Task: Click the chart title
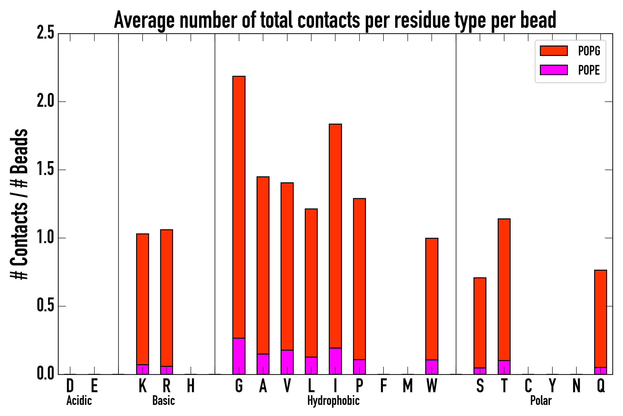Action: point(335,20)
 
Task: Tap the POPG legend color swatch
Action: point(554,51)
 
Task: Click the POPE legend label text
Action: point(589,70)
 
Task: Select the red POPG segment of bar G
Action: point(239,207)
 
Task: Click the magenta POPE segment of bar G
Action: point(239,356)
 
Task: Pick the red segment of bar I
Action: point(335,236)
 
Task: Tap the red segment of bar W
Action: point(432,299)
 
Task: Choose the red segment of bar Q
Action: point(600,319)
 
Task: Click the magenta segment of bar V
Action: point(287,362)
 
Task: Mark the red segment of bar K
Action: point(143,299)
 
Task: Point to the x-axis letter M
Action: point(408,385)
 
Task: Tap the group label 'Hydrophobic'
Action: point(333,401)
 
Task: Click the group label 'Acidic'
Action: point(79,401)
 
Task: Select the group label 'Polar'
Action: point(541,401)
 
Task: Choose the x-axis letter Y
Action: point(552,385)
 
